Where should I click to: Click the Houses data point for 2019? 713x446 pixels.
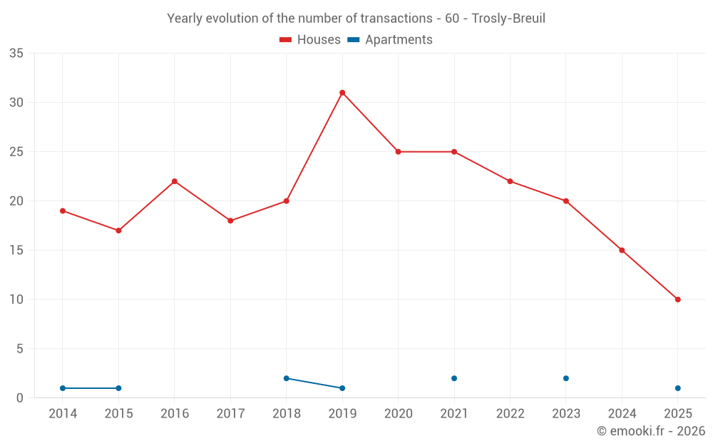click(x=342, y=93)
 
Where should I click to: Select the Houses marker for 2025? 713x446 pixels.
click(x=677, y=300)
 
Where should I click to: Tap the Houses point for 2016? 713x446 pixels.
click(x=175, y=181)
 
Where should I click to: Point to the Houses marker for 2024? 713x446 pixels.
click(x=622, y=250)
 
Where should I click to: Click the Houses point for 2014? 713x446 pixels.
click(x=63, y=211)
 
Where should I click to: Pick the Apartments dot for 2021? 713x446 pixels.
click(x=454, y=378)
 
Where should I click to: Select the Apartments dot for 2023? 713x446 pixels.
click(x=566, y=378)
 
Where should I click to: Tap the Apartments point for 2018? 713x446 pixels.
click(x=287, y=378)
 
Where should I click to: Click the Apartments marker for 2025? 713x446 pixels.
click(x=677, y=388)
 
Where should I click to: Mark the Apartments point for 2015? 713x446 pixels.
click(x=118, y=388)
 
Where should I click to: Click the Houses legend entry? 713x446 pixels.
click(x=310, y=40)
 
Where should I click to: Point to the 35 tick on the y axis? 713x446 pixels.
click(x=16, y=54)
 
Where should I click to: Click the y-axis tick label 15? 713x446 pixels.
click(x=16, y=250)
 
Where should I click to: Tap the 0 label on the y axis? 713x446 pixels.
click(x=20, y=398)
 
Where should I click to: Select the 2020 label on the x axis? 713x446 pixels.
click(x=398, y=414)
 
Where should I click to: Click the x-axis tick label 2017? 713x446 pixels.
click(x=230, y=414)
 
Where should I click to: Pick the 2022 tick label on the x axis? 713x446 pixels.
click(x=510, y=414)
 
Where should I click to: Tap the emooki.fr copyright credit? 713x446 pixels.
click(x=651, y=431)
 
